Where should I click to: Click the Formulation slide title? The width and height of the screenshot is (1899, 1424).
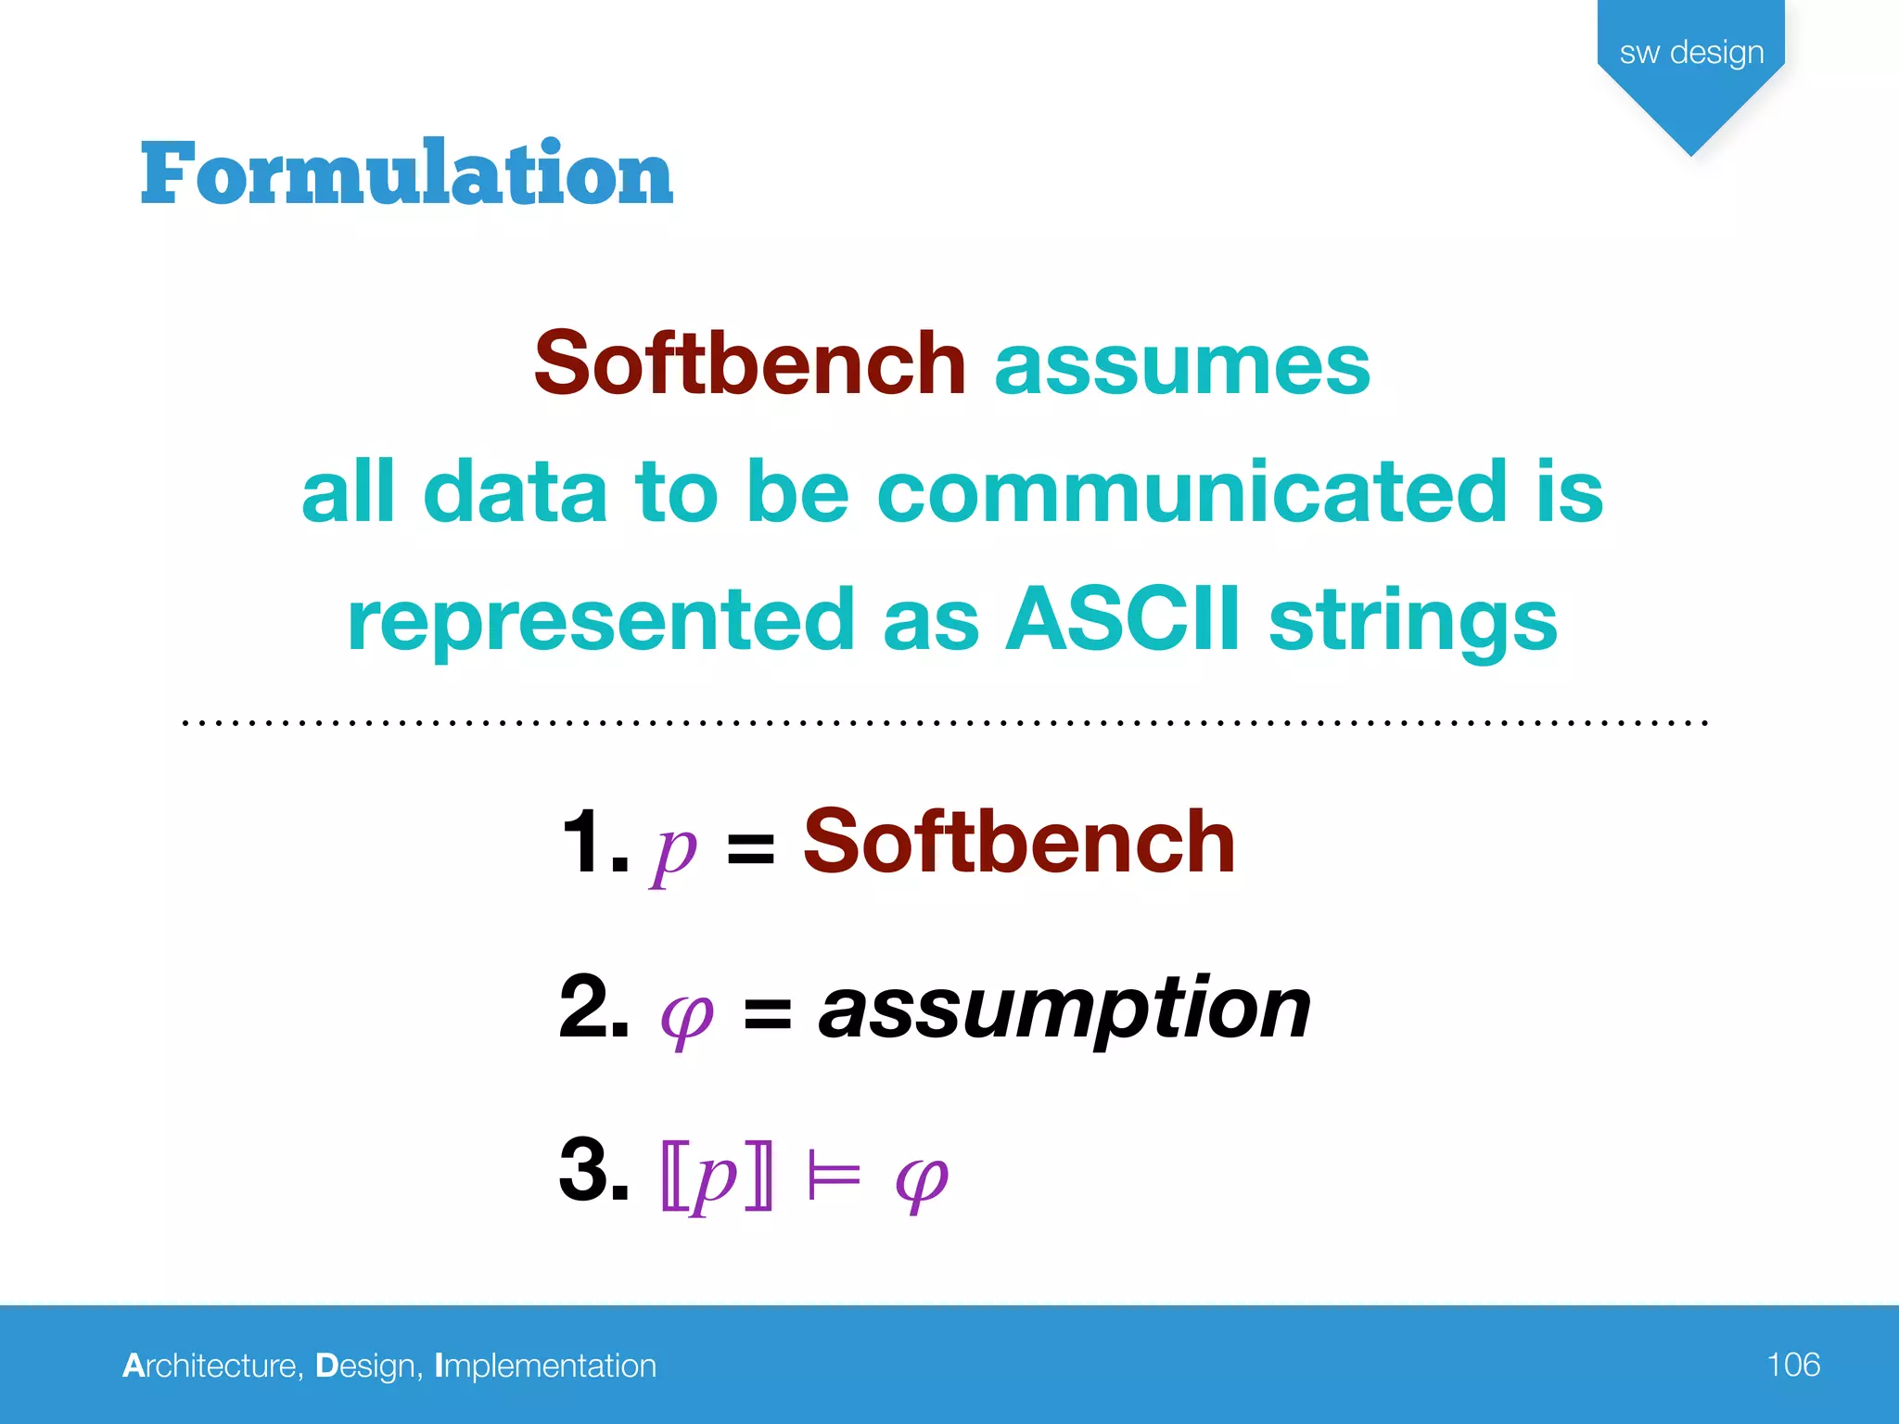pyautogui.click(x=406, y=173)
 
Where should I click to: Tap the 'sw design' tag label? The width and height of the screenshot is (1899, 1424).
pyautogui.click(x=1691, y=53)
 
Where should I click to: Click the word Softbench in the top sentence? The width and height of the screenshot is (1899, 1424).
pyautogui.click(x=749, y=363)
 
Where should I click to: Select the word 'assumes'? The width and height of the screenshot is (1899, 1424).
pyautogui.click(x=1182, y=363)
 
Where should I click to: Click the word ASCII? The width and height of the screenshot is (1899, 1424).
pyautogui.click(x=1123, y=618)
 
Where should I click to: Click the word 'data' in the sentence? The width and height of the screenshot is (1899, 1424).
pyautogui.click(x=516, y=491)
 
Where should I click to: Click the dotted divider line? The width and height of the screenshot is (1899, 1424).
pyautogui.click(x=946, y=721)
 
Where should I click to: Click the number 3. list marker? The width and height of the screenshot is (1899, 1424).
pyautogui.click(x=593, y=1170)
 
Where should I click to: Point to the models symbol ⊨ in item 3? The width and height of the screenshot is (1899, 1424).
pyautogui.click(x=834, y=1177)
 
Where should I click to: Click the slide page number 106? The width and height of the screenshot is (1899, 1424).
pyautogui.click(x=1792, y=1365)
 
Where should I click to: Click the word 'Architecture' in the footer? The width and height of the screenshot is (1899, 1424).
pyautogui.click(x=211, y=1366)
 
